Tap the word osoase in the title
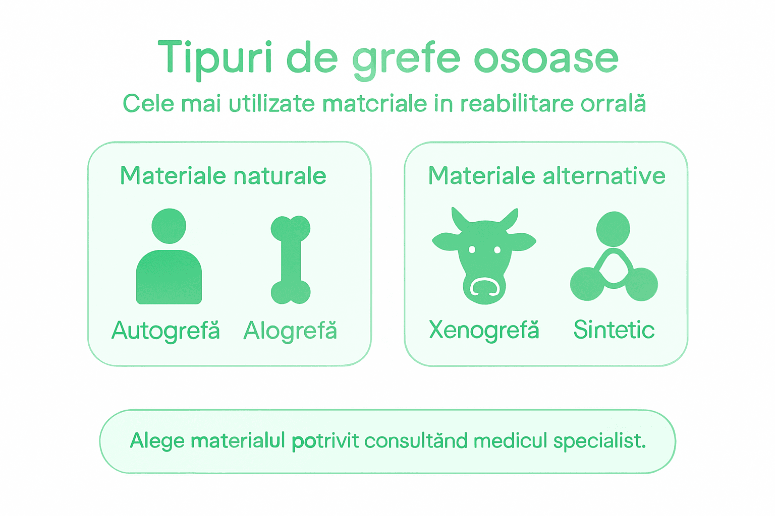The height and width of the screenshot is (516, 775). tap(546, 59)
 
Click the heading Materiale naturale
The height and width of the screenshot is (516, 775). tap(223, 176)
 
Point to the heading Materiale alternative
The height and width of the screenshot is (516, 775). tap(546, 176)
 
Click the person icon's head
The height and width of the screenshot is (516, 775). tap(169, 226)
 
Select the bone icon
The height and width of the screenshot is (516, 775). tap(291, 260)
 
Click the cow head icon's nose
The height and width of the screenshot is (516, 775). tap(484, 288)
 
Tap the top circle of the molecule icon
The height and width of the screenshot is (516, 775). tap(613, 229)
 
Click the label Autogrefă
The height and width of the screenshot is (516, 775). tap(165, 331)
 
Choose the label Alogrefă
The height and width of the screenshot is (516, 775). tap(290, 331)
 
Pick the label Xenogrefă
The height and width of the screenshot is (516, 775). tap(484, 330)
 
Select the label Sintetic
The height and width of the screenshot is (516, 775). tap(614, 330)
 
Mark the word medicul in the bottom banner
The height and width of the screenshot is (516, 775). tap(510, 440)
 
